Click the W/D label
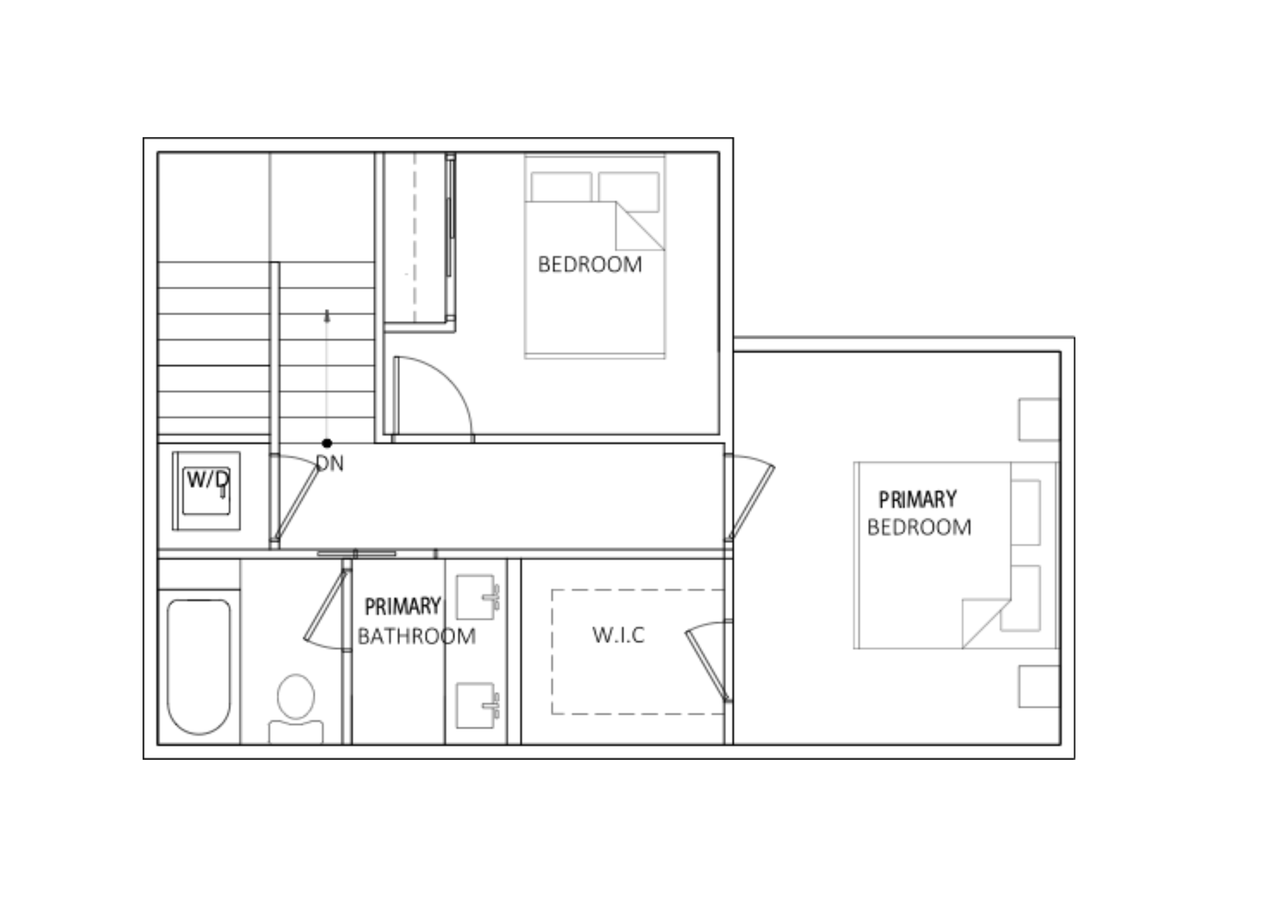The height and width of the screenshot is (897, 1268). pos(208,479)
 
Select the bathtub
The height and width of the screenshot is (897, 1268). pos(198,667)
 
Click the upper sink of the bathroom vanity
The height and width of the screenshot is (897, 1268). pos(476,597)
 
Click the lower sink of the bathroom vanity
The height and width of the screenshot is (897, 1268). pos(476,705)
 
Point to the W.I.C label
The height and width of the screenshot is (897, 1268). pos(618,635)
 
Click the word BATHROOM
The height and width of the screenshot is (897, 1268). pos(417,636)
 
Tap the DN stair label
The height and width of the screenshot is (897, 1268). pos(330,464)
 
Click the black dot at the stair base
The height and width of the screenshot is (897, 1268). pos(327,443)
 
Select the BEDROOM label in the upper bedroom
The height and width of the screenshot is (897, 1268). pos(590,265)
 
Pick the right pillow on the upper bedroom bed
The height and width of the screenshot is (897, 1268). pos(629,191)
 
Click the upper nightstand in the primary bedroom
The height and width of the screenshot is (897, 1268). pos(1039,419)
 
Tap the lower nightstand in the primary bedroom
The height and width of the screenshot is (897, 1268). pos(1039,686)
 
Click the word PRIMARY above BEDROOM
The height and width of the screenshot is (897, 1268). pos(917,500)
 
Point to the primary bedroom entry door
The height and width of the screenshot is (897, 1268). pos(749,498)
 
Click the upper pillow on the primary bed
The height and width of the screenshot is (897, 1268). pos(1025,513)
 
